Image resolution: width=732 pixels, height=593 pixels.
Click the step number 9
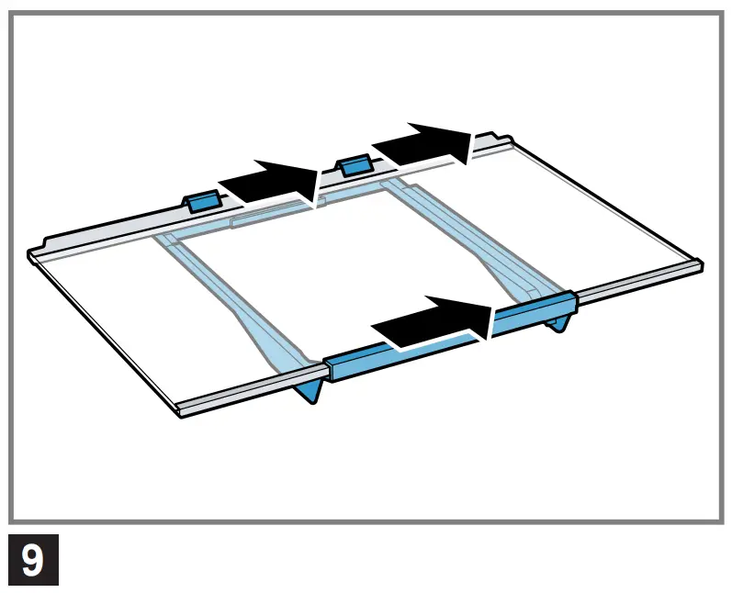[33, 559]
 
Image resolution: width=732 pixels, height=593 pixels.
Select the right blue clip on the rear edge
[354, 165]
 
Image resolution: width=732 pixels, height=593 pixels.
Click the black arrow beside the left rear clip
[270, 183]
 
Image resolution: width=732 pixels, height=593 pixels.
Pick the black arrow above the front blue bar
[432, 322]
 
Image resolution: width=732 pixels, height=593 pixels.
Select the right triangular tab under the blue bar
[564, 322]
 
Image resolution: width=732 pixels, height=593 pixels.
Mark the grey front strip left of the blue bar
[248, 393]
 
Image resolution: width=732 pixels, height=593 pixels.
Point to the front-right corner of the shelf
[702, 263]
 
